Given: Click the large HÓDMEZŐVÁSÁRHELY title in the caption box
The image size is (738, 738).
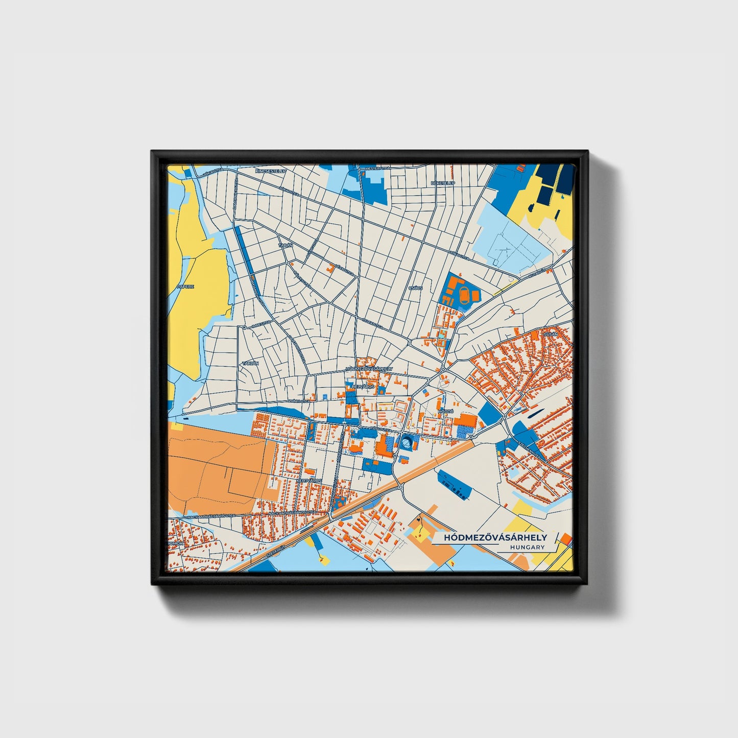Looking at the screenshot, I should [x=495, y=538].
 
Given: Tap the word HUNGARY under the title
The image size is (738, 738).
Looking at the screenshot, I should [x=527, y=547].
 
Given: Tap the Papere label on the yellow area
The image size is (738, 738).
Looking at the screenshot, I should [x=185, y=287].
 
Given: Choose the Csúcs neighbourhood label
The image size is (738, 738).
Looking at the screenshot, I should [x=416, y=288].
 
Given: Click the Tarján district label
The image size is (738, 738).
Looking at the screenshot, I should [x=250, y=363].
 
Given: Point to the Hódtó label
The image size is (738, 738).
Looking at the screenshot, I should [x=445, y=411].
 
